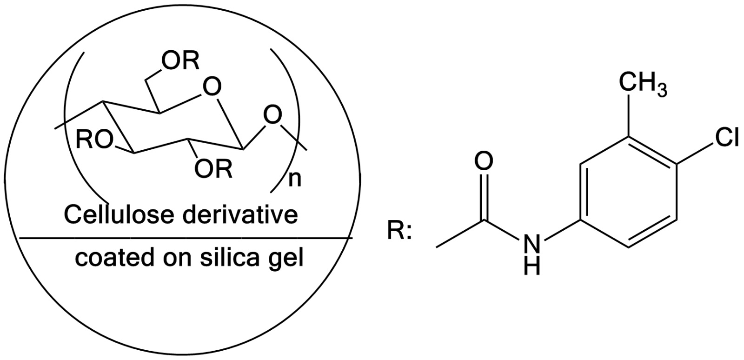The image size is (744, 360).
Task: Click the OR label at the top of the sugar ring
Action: [x=181, y=61]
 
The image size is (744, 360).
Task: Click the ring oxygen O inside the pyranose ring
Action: [x=212, y=87]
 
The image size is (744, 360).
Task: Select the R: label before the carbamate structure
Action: [x=399, y=231]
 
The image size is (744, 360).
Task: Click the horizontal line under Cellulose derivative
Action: [x=186, y=238]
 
